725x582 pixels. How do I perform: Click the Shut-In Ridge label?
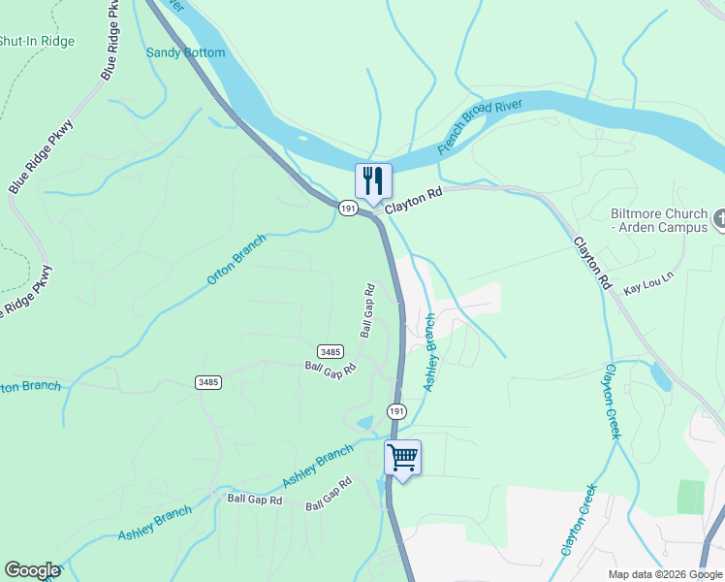point(37,42)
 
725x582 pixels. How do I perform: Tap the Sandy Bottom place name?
point(185,52)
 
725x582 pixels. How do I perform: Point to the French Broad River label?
point(480,127)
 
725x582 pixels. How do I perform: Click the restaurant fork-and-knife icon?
point(373,180)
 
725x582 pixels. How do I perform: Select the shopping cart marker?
point(402,456)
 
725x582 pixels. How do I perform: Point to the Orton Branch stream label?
point(236,262)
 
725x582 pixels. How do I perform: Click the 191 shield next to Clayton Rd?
point(348,208)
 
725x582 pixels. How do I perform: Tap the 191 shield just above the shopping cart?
point(396,411)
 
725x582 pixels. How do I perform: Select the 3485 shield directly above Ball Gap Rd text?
point(330,351)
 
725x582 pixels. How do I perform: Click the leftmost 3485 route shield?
point(207,382)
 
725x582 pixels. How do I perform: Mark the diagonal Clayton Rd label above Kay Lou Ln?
point(591,261)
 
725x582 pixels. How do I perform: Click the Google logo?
point(32,570)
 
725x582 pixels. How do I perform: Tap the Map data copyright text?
point(665,574)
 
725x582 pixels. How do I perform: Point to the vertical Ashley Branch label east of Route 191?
point(430,353)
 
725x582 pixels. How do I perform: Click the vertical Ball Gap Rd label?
point(367,310)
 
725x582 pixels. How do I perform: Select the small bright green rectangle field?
point(690,496)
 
